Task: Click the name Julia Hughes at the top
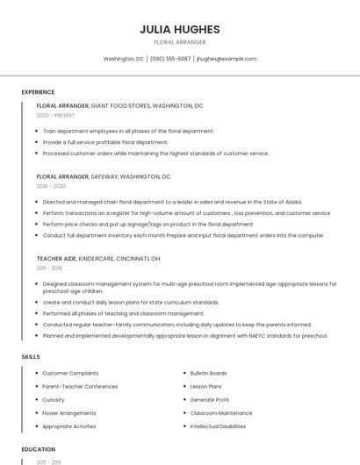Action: tap(179, 29)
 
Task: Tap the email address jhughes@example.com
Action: tap(227, 59)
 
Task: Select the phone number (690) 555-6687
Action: tap(170, 59)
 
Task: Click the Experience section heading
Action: tap(38, 92)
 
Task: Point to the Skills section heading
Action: tap(31, 357)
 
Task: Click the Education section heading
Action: tap(39, 449)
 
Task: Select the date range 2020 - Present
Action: tap(55, 115)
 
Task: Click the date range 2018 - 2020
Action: tap(51, 186)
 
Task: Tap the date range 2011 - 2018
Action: tap(49, 268)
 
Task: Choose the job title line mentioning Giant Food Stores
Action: tap(119, 105)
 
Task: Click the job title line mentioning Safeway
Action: tap(104, 176)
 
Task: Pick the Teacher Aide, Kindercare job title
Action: tap(98, 259)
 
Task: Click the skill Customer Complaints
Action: tap(70, 373)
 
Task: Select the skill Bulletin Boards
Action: tap(208, 373)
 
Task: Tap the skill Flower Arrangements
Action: tap(69, 412)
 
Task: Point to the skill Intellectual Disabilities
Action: tap(218, 426)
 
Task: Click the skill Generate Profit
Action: tap(209, 399)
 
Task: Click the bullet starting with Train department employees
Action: tap(127, 131)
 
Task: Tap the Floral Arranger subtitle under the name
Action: tap(179, 42)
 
